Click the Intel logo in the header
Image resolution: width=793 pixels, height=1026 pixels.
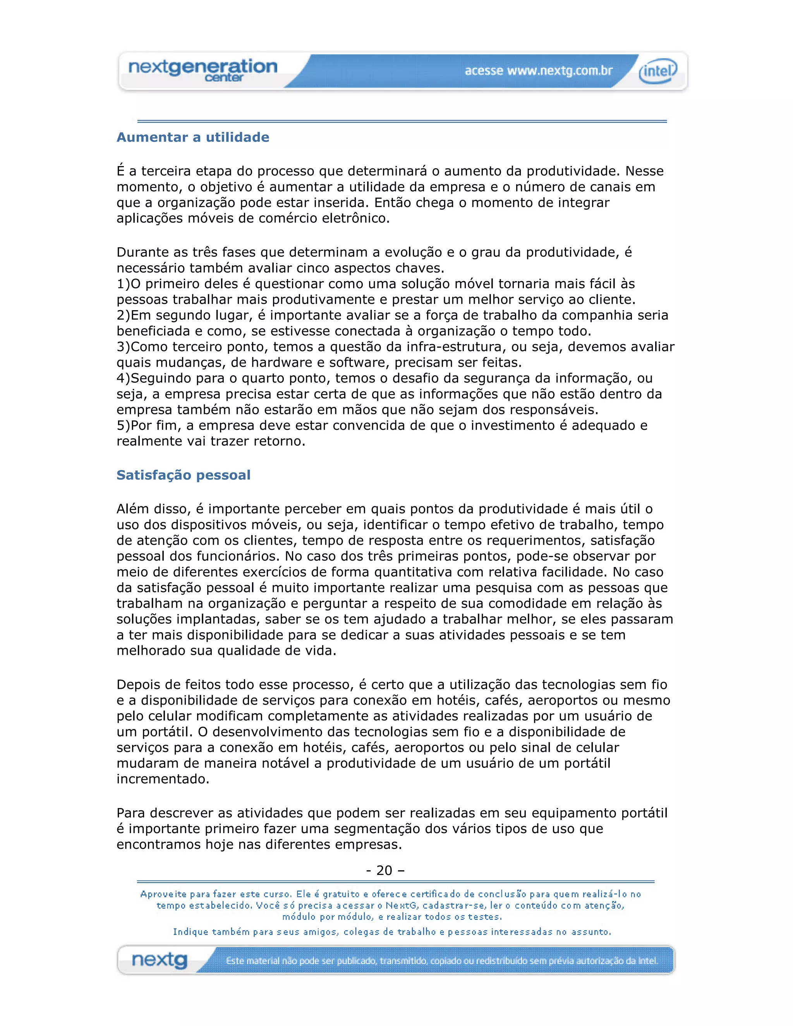pos(658,71)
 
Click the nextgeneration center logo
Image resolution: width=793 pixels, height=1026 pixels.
pos(203,70)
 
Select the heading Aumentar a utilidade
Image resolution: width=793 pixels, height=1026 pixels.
pos(192,137)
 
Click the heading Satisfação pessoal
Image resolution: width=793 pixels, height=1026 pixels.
pos(183,475)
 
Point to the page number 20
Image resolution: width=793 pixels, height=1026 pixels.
pos(384,870)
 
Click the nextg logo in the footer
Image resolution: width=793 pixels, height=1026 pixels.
pos(160,960)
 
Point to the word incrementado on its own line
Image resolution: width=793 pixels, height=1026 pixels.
pos(163,779)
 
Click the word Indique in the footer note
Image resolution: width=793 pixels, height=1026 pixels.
pos(191,932)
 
